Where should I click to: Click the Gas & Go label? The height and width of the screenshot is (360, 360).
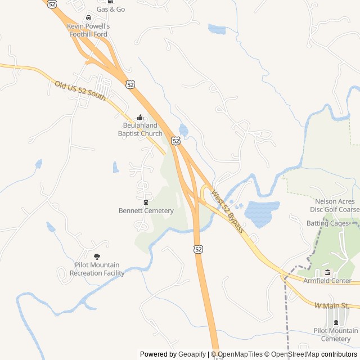[x=111, y=10]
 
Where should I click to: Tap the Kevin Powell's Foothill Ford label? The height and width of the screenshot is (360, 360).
[x=88, y=30]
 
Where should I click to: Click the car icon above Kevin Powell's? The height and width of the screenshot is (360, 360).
[x=88, y=18]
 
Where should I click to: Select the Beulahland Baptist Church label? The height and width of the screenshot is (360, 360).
[x=140, y=129]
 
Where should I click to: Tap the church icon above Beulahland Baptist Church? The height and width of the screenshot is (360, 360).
[x=140, y=117]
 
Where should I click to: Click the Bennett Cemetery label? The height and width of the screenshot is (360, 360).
[x=146, y=211]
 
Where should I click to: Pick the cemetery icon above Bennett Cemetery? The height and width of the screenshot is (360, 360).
[x=146, y=202]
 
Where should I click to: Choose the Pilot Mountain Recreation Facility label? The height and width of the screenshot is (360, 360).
[x=97, y=269]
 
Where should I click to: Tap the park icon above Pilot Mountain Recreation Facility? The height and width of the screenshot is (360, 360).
[x=97, y=256]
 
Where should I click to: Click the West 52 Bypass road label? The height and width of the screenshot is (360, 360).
[x=228, y=211]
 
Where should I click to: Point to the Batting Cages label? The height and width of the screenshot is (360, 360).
[x=328, y=223]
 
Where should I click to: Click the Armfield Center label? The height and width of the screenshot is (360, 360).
[x=327, y=281]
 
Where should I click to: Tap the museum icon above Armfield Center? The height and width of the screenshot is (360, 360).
[x=327, y=272]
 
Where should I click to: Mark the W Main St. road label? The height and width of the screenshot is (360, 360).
[x=332, y=305]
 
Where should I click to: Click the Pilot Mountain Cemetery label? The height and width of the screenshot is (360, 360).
[x=336, y=335]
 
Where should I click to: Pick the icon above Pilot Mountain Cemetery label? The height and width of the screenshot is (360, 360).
[x=336, y=322]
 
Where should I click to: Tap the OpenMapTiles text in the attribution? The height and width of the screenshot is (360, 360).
[x=240, y=354]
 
